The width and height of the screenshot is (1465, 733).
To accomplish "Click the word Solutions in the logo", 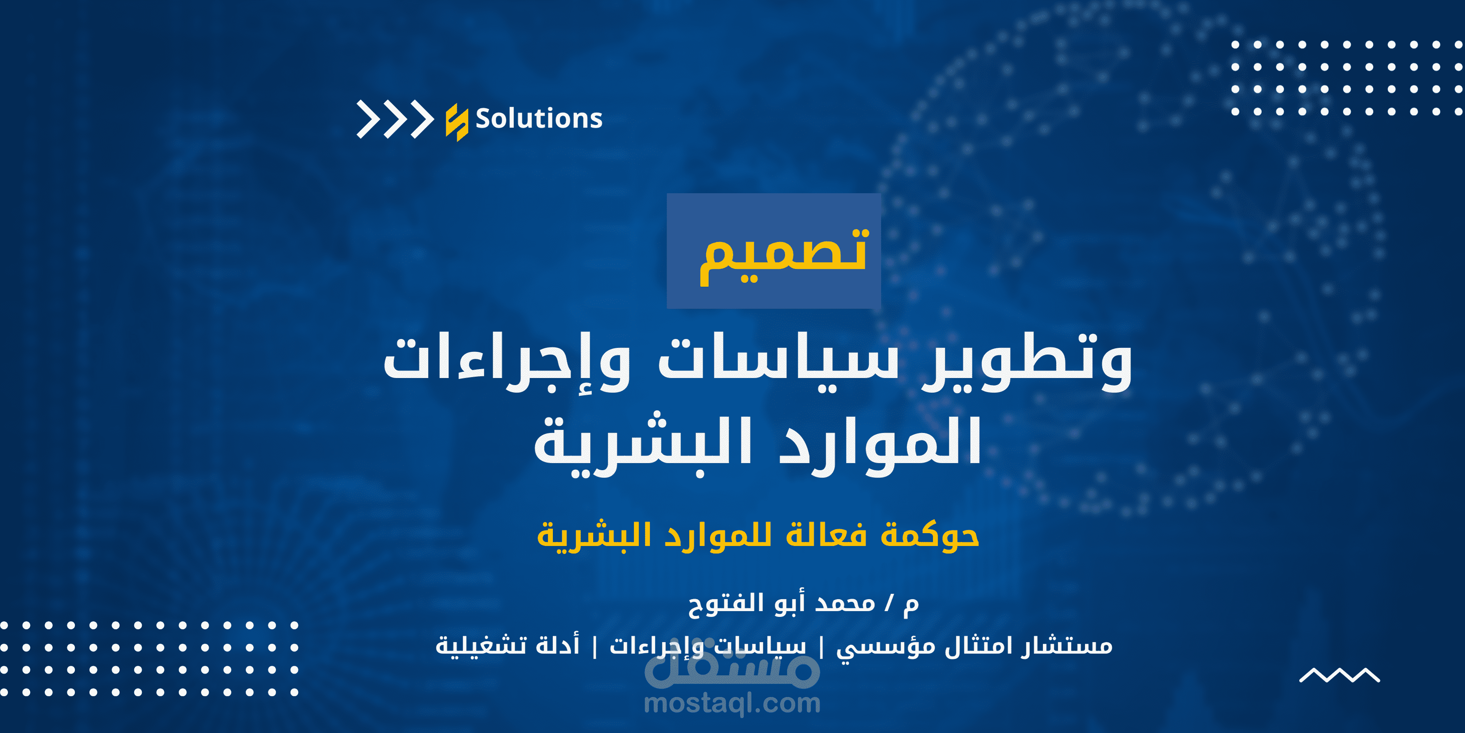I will (539, 119).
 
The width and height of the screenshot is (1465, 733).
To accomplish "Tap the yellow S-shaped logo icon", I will (457, 122).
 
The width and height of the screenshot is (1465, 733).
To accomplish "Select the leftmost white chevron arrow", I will (368, 120).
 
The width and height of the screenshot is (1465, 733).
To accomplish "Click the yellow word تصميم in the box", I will (784, 254).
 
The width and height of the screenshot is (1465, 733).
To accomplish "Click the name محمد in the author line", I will (845, 604).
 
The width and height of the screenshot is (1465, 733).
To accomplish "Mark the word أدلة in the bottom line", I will (557, 645).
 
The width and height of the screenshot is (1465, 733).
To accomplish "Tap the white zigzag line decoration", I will (1339, 675).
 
